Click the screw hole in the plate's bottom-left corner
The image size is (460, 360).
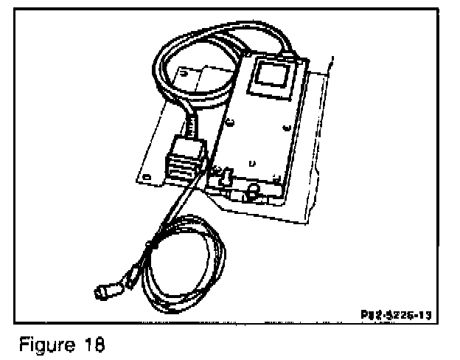(146, 176)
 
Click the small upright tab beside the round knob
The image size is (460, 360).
(227, 177)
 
